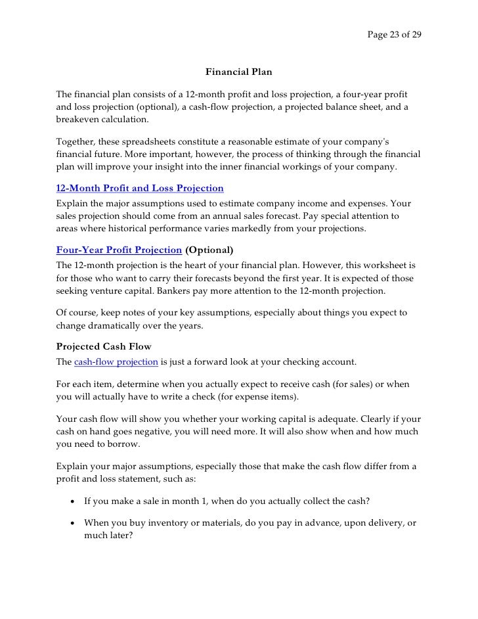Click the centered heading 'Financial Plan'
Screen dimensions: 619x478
(238, 71)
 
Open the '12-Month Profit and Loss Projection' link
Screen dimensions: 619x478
(139, 189)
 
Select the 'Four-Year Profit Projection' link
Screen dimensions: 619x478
(119, 250)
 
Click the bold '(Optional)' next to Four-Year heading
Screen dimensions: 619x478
(209, 250)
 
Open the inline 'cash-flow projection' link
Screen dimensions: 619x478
(116, 362)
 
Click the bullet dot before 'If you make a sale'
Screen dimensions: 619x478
(70, 501)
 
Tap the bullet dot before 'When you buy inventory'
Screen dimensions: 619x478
(70, 523)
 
